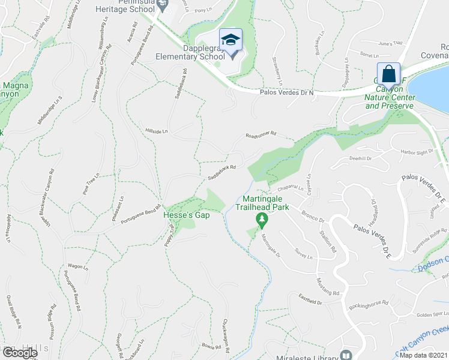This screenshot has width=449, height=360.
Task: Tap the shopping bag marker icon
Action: tap(389, 74)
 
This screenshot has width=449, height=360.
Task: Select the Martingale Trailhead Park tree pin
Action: tap(261, 220)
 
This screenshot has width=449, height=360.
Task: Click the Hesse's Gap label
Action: tap(187, 215)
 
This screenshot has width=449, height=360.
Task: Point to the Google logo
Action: tap(19, 352)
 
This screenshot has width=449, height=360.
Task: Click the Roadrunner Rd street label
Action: tap(261, 136)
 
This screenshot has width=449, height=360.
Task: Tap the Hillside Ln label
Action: tap(157, 130)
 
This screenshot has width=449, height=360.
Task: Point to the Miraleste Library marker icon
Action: tap(346, 355)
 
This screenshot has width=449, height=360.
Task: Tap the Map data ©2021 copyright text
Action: tap(424, 355)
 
